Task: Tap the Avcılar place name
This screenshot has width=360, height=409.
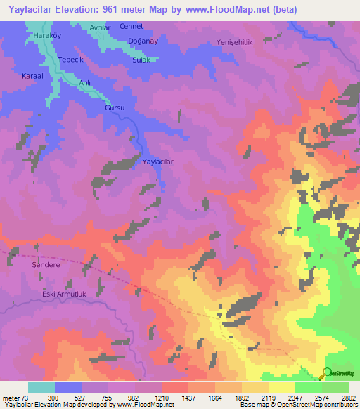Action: point(99,27)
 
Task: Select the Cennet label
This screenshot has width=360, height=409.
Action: point(131,26)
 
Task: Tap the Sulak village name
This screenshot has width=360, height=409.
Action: point(140,60)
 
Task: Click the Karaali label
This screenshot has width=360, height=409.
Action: point(34,75)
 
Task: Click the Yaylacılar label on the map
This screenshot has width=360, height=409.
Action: point(157,162)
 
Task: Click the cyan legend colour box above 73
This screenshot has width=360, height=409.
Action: point(41,387)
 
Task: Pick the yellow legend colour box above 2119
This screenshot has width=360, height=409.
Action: point(281,387)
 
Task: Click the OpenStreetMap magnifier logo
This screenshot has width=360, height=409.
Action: point(327,372)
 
